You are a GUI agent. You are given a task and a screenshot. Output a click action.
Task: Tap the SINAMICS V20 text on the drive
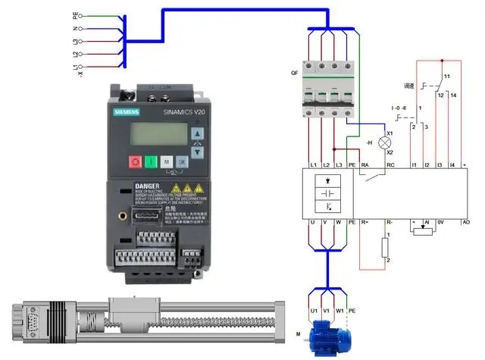point(183,111)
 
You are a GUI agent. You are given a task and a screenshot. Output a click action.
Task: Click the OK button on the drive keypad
point(183,161)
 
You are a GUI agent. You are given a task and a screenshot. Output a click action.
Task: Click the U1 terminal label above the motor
point(314,311)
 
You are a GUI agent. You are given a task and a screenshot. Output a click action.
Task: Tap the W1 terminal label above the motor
point(339,311)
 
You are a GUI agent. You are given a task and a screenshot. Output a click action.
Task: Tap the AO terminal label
point(465,222)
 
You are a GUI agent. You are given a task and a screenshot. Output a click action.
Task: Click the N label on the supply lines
point(75,29)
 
